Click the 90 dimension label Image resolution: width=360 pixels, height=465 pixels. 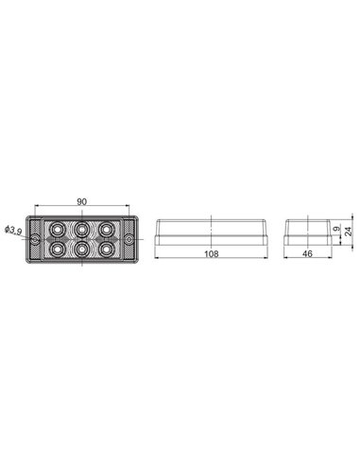tap(83, 202)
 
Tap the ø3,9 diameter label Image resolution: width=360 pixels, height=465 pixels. tap(13, 230)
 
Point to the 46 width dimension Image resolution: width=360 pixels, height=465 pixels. tap(308, 254)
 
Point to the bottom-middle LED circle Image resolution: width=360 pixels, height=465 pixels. tap(83, 250)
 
